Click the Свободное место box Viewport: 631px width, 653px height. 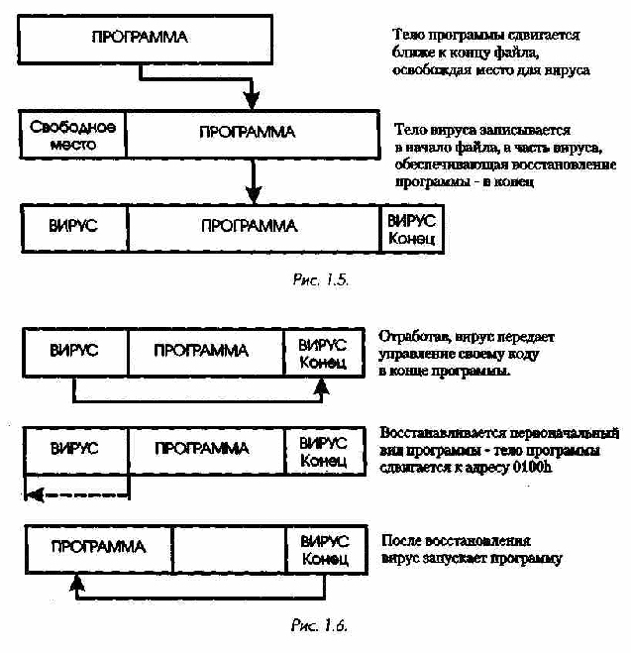(72, 135)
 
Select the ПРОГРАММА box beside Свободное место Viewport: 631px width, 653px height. (253, 135)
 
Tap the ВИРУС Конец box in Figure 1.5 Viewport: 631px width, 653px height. (412, 229)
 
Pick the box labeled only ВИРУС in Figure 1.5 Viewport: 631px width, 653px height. (74, 229)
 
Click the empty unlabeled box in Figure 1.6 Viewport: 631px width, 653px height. (230, 549)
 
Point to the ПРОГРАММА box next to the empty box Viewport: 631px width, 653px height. (99, 549)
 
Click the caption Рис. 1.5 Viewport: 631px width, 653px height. (321, 279)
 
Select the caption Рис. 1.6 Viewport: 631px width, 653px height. (319, 625)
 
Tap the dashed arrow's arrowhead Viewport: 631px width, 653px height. (34, 495)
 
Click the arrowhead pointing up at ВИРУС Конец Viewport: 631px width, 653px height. (321, 385)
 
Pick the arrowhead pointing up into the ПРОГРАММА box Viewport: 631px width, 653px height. (76, 583)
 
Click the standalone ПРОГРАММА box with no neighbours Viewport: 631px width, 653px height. (146, 40)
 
